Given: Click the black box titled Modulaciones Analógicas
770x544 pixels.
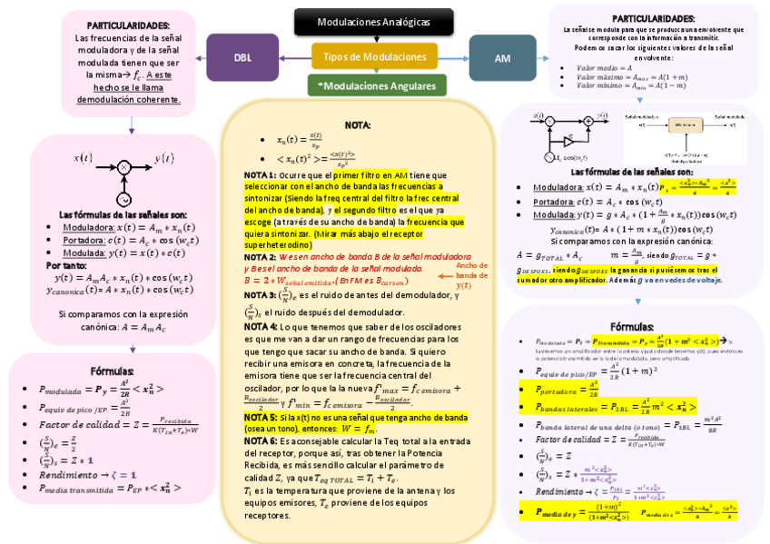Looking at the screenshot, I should (373, 22).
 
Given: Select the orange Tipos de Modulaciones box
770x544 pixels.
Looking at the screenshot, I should (374, 57).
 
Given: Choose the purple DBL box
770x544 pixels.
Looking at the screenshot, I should (242, 57).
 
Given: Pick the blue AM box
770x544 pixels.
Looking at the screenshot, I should (502, 57).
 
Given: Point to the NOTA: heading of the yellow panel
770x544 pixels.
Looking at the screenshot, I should (357, 124).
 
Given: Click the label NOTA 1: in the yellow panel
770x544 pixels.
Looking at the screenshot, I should (261, 174).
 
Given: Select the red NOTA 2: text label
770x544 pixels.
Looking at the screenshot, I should (260, 257).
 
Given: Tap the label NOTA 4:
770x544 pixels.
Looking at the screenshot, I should (261, 325).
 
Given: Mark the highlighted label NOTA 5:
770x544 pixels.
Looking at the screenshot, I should (261, 417).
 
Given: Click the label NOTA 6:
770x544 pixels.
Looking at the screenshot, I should (261, 440).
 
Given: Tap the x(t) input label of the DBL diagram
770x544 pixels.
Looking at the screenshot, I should (83, 157).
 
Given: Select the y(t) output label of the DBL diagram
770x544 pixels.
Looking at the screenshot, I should (164, 157).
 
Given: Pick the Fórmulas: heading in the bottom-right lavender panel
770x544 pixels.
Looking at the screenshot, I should (632, 326).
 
